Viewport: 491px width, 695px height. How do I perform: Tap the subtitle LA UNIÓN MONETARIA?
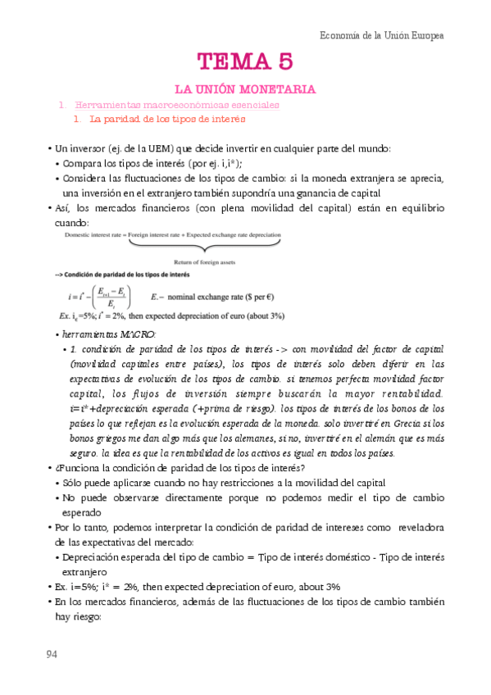point(245,89)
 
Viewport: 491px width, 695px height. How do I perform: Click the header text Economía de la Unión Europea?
point(381,36)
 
